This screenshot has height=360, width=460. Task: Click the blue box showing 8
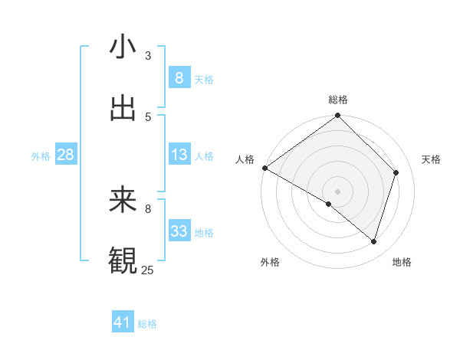(179, 77)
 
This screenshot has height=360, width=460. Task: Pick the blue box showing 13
(179, 155)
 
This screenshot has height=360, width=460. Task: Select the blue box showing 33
(179, 231)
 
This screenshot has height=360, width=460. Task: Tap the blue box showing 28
(65, 155)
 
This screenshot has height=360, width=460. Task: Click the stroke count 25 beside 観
(148, 270)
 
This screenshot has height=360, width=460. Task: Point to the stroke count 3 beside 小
(148, 55)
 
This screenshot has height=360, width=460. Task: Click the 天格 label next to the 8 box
(204, 79)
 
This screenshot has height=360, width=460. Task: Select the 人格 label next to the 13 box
(204, 155)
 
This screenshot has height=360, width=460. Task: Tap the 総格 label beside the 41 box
(147, 324)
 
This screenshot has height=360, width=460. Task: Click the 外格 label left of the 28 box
(41, 155)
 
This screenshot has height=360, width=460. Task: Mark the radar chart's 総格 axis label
(338, 100)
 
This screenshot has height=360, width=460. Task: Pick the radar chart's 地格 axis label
(402, 262)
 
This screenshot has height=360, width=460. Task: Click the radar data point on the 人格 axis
(264, 168)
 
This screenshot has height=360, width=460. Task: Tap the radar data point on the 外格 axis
(329, 204)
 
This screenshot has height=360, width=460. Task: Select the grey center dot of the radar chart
(337, 191)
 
